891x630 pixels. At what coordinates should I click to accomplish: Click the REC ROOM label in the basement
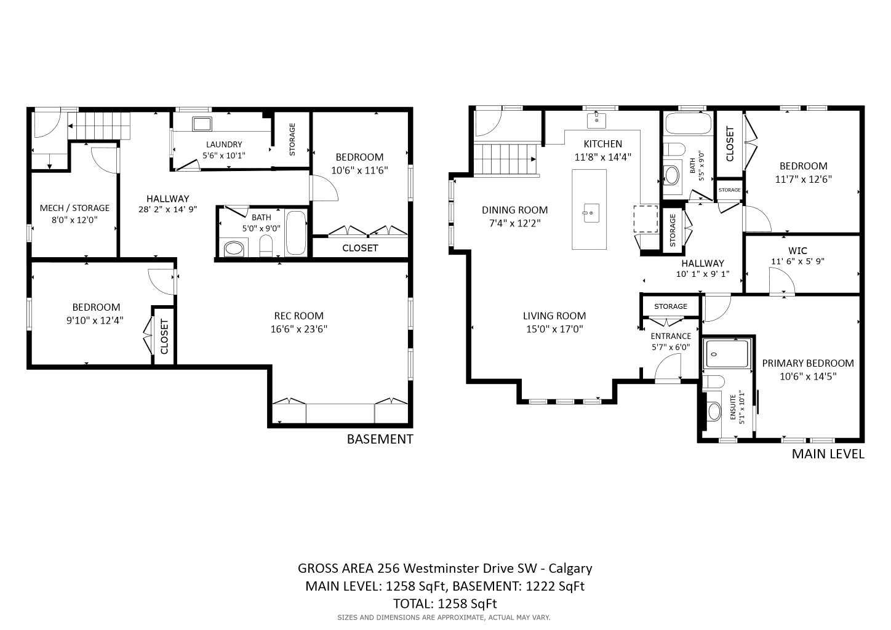pos(298,316)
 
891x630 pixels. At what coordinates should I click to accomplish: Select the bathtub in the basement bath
pos(295,233)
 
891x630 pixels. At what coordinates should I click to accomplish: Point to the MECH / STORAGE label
pos(74,208)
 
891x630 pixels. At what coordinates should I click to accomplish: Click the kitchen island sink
pos(591,213)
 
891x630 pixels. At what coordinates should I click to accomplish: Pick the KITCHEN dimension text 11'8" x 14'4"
pos(602,157)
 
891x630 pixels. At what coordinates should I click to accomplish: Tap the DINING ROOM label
pos(514,210)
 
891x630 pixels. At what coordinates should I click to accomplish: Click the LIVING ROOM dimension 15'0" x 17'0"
pos(554,329)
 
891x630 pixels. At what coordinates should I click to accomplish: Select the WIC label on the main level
pos(797,250)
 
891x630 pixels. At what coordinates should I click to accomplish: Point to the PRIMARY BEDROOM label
pos(808,363)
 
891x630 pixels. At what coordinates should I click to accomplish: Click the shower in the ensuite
pos(727,353)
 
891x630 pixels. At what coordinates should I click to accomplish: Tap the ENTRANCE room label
pos(671,336)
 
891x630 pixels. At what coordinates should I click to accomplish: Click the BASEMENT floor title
pos(380,439)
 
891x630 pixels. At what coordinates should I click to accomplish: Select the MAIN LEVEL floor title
pos(828,454)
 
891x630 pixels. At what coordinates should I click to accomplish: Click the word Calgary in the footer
pos(570,568)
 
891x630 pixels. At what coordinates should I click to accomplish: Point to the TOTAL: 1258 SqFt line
pos(445,604)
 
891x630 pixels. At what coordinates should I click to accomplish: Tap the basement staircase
pos(99,126)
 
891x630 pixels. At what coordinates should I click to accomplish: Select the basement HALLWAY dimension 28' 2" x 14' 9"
pos(167,209)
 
